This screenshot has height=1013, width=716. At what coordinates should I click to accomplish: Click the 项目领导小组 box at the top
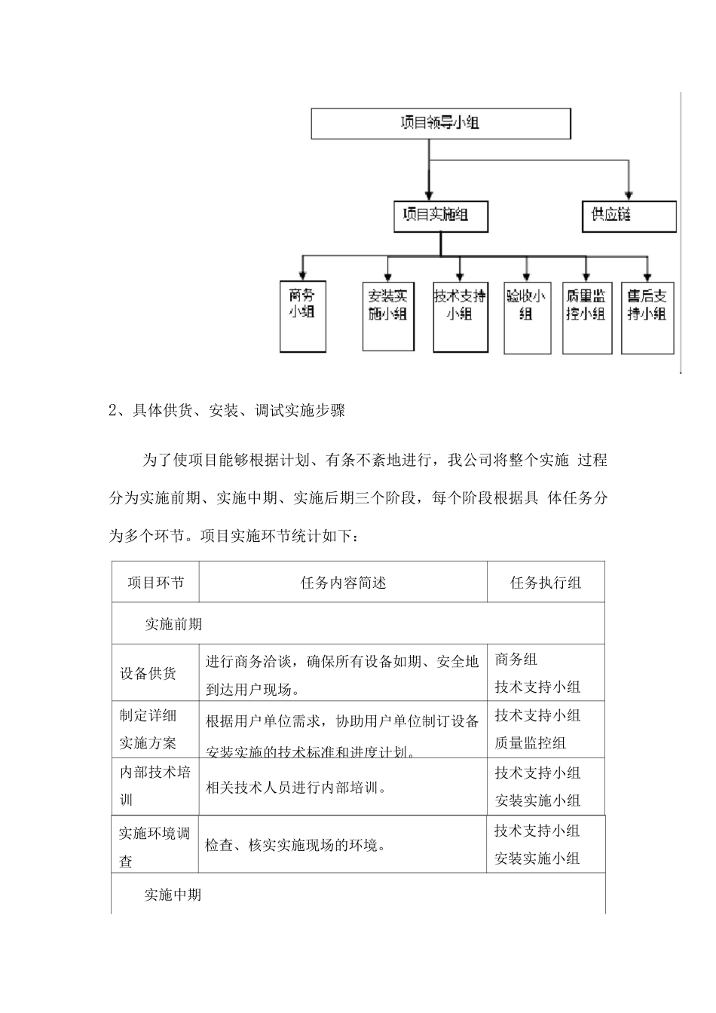(x=440, y=124)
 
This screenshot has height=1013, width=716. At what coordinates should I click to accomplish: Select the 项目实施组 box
(x=441, y=216)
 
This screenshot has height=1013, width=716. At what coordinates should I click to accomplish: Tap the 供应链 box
(x=629, y=216)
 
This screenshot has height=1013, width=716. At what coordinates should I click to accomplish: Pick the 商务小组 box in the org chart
(x=302, y=314)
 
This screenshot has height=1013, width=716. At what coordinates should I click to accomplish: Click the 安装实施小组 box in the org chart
(x=388, y=315)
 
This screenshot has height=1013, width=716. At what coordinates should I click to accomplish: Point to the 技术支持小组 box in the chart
(x=459, y=315)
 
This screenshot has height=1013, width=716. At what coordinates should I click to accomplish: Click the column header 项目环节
(x=155, y=582)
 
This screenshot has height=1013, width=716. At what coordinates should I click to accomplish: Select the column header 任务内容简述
(x=343, y=582)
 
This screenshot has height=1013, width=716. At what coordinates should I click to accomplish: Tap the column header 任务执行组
(x=546, y=582)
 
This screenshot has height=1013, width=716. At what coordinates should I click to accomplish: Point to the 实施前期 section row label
(x=173, y=624)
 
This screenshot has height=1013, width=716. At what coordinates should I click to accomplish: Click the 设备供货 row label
(x=148, y=673)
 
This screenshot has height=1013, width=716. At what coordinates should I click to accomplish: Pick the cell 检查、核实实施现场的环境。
(x=297, y=845)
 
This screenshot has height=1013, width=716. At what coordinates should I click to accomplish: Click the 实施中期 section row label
(x=173, y=895)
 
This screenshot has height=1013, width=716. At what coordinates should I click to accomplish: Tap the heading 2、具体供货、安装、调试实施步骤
(x=227, y=411)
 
